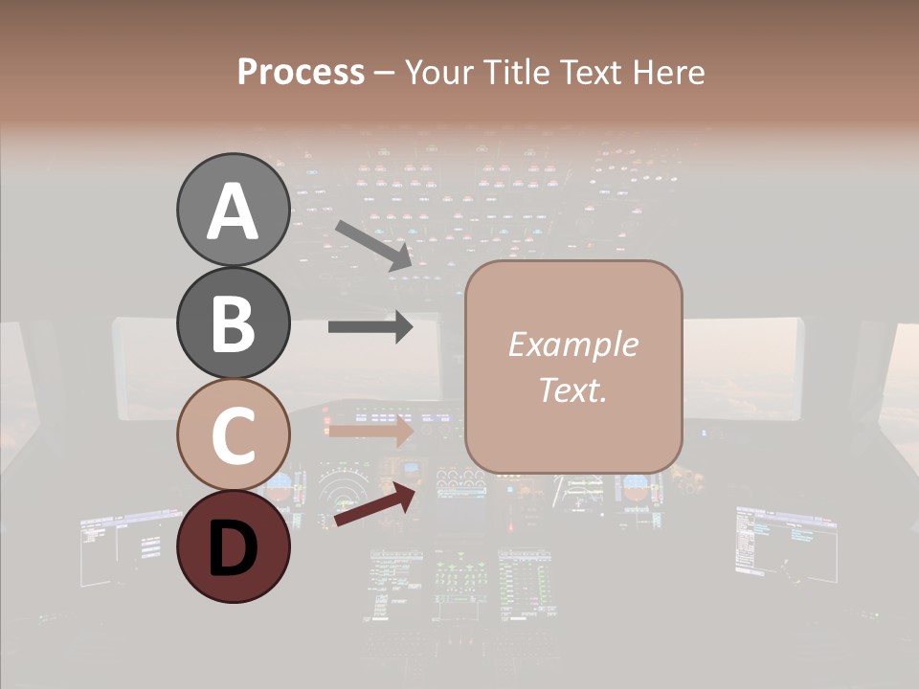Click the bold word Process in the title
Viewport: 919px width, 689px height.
(x=301, y=73)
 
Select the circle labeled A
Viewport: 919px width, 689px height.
(x=233, y=211)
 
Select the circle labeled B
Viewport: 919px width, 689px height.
(x=233, y=322)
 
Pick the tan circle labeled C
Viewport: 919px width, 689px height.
(x=233, y=434)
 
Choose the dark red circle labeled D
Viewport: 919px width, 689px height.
(x=233, y=546)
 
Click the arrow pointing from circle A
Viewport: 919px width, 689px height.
(x=373, y=244)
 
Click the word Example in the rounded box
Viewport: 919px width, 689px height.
(x=573, y=344)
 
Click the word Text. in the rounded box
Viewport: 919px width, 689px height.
(x=573, y=389)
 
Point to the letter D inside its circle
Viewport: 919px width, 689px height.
(x=233, y=548)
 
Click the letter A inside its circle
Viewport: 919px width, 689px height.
(x=233, y=211)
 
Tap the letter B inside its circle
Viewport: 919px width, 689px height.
(x=233, y=323)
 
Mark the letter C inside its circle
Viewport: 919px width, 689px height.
(x=233, y=435)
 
